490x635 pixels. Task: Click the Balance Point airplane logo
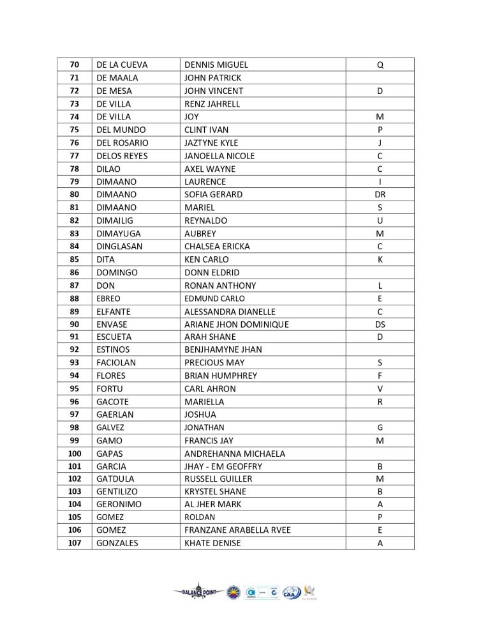point(197,592)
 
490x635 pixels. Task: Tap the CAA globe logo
point(291,592)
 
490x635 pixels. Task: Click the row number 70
point(74,65)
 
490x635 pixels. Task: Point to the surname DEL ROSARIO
point(122,142)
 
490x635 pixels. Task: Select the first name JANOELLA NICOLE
point(219,156)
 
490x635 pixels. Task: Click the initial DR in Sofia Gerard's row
point(380,194)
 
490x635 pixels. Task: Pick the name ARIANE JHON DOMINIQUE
point(236,324)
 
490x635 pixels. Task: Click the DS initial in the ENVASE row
point(380,324)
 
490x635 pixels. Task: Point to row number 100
point(74,454)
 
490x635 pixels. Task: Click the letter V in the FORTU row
point(380,388)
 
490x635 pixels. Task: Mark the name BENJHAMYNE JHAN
point(223,349)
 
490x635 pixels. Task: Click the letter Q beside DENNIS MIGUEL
point(380,65)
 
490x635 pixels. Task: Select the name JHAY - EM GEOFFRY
point(223,466)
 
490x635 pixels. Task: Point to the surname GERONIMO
point(119,504)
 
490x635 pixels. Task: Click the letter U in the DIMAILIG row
point(380,220)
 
